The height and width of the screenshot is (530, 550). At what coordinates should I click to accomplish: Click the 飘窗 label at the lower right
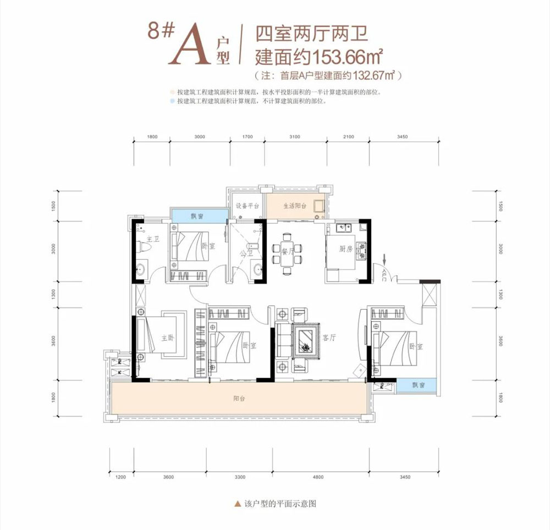point(418,386)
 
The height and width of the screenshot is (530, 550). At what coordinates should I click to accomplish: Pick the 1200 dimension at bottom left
point(121,477)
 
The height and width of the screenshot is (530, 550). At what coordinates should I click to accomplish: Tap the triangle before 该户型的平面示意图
point(237,503)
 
